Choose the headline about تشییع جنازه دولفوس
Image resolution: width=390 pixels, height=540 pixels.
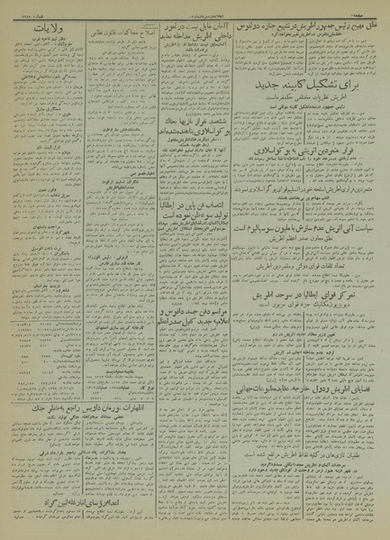[x=307, y=21]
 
